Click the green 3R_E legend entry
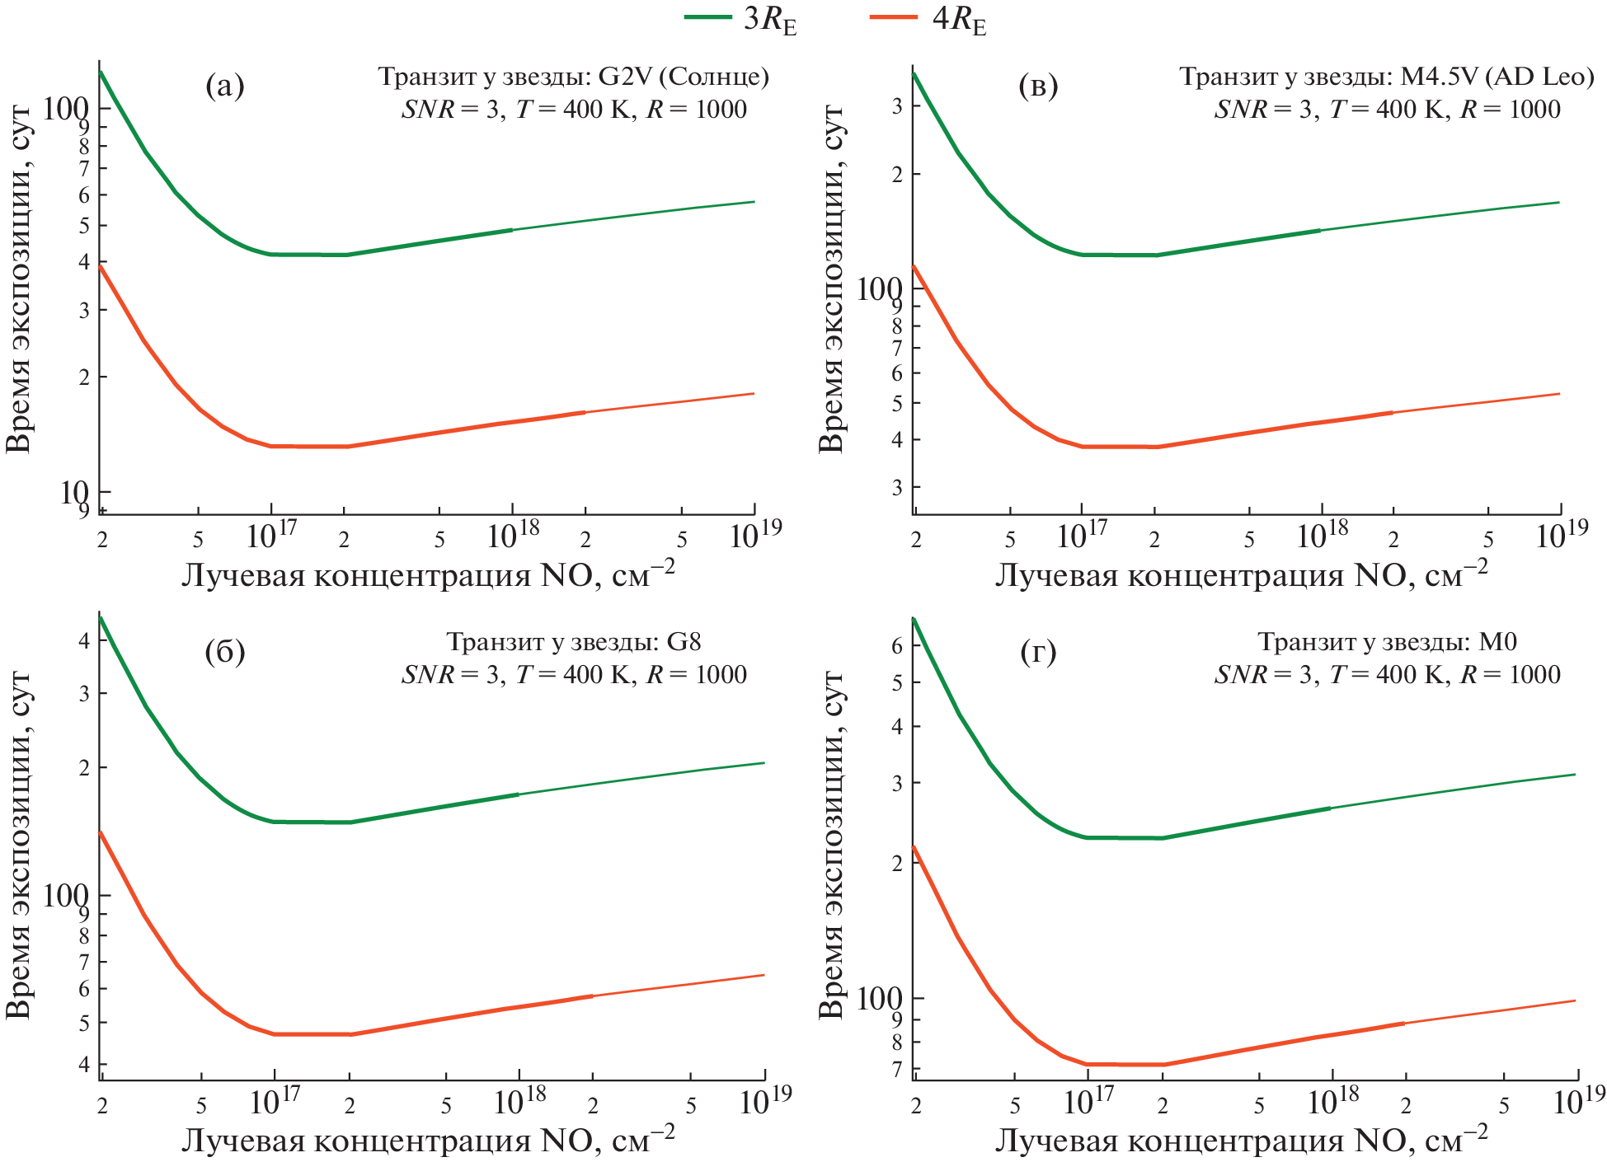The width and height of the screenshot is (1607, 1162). point(742,20)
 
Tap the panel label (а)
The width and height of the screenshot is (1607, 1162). point(224,86)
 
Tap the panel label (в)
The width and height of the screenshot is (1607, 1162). point(1038,86)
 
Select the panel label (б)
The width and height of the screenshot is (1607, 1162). point(224,651)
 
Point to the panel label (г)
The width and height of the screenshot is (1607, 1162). point(1038,653)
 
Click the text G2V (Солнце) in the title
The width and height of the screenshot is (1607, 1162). point(684,77)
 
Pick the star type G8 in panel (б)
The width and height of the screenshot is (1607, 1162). point(684,641)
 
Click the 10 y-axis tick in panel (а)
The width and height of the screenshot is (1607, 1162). point(74,493)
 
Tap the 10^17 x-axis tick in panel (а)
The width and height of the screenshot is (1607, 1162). point(271,536)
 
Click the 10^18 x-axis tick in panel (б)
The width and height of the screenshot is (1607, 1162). point(519,1101)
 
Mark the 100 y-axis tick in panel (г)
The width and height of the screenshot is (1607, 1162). point(879,999)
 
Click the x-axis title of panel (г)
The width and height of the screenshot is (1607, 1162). point(1241,1141)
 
